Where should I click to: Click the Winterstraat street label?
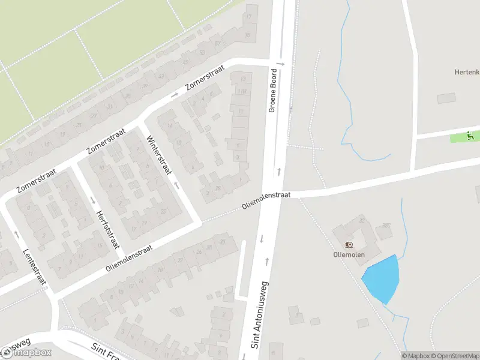click(x=159, y=155)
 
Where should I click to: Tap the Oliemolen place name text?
click(x=349, y=254)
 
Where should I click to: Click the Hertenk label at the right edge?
click(x=467, y=71)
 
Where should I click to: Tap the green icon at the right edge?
click(x=471, y=136)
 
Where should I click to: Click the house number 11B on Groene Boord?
click(x=242, y=91)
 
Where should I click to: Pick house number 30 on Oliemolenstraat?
click(x=223, y=242)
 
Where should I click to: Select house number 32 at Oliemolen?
click(x=362, y=221)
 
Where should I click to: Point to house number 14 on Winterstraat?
click(x=170, y=125)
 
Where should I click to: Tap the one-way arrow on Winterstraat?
click(x=177, y=184)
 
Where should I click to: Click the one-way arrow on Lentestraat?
click(x=16, y=234)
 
